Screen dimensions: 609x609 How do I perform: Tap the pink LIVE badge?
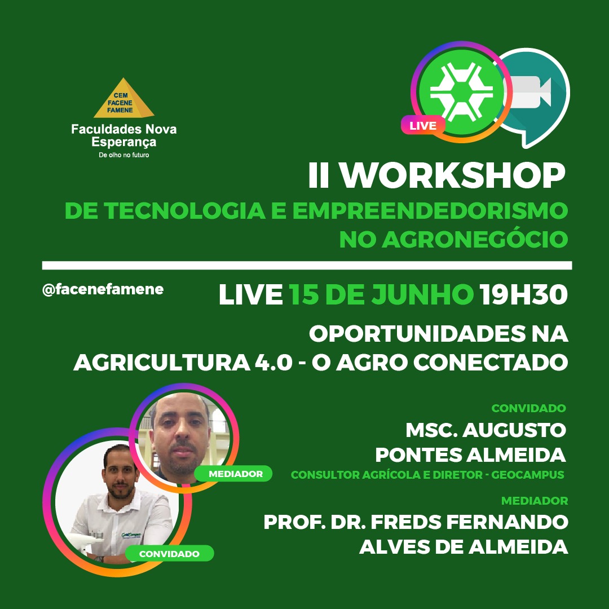423,125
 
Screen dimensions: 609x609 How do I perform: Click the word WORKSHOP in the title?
453,175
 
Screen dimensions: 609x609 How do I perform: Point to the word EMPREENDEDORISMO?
430,210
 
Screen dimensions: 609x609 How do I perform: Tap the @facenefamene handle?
103,289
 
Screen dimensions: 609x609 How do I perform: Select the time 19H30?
523,294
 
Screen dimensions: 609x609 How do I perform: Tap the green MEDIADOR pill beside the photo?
233,474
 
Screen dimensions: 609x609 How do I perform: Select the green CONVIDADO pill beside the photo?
169,554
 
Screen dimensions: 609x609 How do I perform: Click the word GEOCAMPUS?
527,475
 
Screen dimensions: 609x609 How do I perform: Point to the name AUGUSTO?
514,430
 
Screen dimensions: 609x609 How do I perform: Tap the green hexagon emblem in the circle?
461,92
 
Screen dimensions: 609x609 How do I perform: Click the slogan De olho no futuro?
124,155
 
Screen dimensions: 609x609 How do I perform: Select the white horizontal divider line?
307,265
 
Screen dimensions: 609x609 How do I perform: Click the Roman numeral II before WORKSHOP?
319,175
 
